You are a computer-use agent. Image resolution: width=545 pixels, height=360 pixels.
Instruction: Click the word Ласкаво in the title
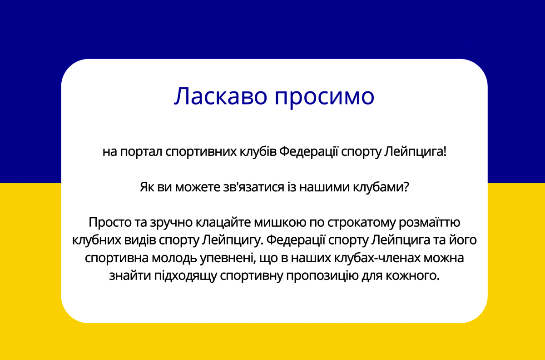(x=221, y=96)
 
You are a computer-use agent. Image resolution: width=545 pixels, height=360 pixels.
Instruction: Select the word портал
(x=141, y=152)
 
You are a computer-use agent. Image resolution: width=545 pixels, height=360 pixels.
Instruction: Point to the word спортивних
(x=201, y=152)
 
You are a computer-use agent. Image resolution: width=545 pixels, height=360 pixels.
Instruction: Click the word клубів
(x=258, y=151)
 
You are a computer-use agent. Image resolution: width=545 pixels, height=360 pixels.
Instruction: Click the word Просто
(x=110, y=222)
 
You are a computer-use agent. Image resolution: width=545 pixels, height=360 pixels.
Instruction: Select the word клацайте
(x=223, y=222)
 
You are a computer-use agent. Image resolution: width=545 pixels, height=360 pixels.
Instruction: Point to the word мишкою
(x=280, y=222)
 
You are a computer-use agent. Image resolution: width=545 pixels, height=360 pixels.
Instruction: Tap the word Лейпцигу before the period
(x=233, y=240)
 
